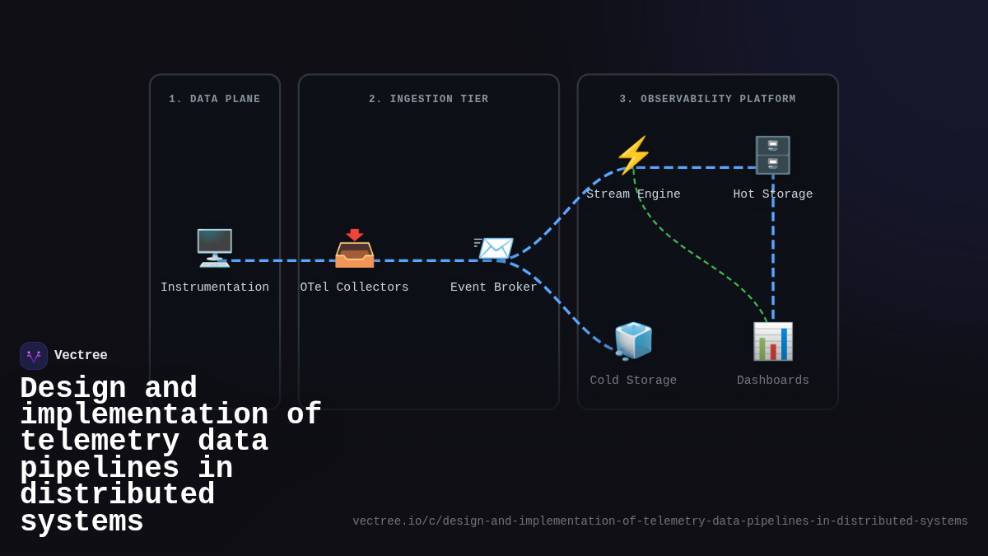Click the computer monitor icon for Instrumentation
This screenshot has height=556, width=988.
pos(214,247)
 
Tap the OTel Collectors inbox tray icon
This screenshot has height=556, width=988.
pos(354,248)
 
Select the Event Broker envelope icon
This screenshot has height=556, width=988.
pos(494,248)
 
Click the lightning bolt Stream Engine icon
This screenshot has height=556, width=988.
pos(633,155)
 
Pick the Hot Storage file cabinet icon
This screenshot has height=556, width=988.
pos(772,155)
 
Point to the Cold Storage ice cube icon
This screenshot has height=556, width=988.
pos(633,341)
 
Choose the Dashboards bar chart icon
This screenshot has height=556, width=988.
pos(772,341)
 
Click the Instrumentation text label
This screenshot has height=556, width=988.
pos(214,287)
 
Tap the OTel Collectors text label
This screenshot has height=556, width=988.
pos(354,287)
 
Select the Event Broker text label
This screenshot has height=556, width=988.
pos(493,287)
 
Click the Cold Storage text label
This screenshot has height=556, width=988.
pos(633,381)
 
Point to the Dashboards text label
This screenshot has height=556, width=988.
pos(772,381)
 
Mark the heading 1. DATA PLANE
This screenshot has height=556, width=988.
pos(214,100)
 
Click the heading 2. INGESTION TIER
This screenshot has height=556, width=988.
pos(428,100)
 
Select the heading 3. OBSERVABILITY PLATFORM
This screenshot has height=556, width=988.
pos(707,100)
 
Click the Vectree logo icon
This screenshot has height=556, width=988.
pos(34,356)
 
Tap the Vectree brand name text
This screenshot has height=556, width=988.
pos(81,356)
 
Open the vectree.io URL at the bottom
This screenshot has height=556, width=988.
pos(659,521)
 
